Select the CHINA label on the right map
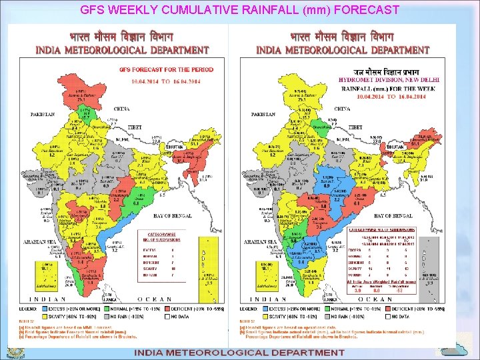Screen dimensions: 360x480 click(342, 109)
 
